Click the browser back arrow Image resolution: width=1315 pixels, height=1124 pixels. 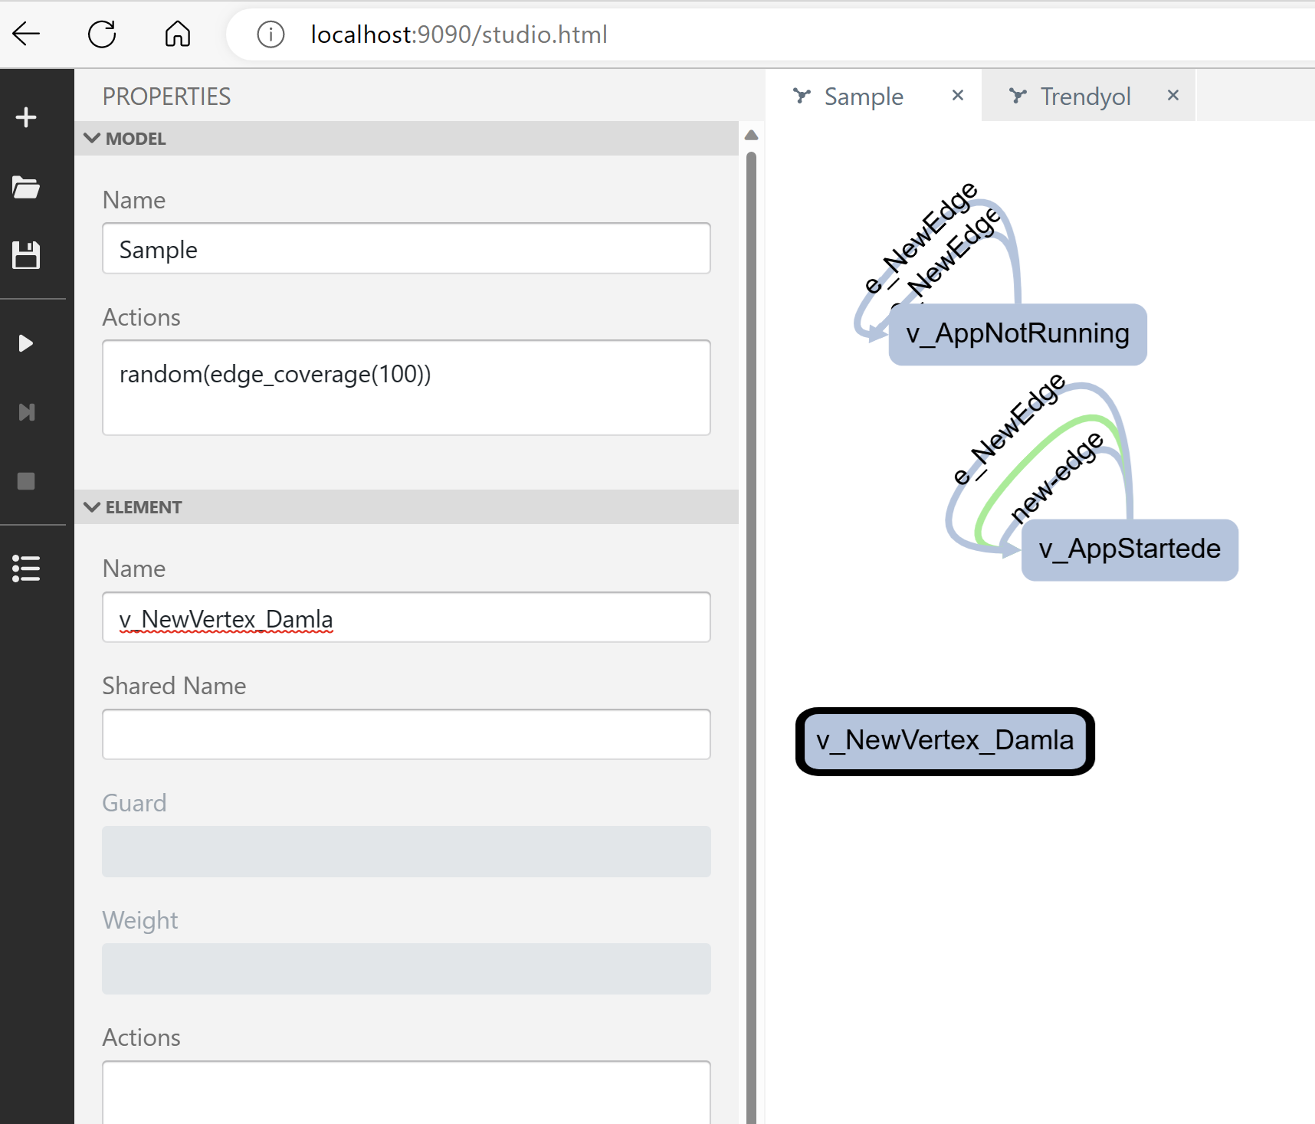[26, 34]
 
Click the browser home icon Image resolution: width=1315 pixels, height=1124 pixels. [178, 34]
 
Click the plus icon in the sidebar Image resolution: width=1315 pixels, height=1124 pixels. [26, 117]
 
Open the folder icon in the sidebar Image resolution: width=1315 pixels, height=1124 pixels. [26, 187]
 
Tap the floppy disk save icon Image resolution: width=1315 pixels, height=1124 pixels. [26, 255]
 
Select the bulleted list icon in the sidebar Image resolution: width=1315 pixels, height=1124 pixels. [26, 569]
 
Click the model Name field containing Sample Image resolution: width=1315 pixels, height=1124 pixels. [406, 249]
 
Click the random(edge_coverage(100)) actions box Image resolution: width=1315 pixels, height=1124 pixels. [406, 388]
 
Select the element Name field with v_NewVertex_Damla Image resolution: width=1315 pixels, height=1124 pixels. [406, 618]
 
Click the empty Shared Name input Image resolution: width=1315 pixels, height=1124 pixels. [406, 734]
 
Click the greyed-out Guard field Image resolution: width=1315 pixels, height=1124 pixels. [406, 851]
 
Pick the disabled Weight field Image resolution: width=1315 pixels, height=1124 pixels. [406, 968]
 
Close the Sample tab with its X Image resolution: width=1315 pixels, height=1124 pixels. [958, 96]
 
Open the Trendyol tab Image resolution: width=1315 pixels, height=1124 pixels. [1084, 97]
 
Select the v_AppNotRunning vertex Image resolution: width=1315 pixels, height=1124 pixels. [1017, 335]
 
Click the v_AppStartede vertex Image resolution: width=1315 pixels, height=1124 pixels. [1129, 549]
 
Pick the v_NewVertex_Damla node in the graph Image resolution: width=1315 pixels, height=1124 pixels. [945, 741]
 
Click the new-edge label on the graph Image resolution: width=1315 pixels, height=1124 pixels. [1058, 477]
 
